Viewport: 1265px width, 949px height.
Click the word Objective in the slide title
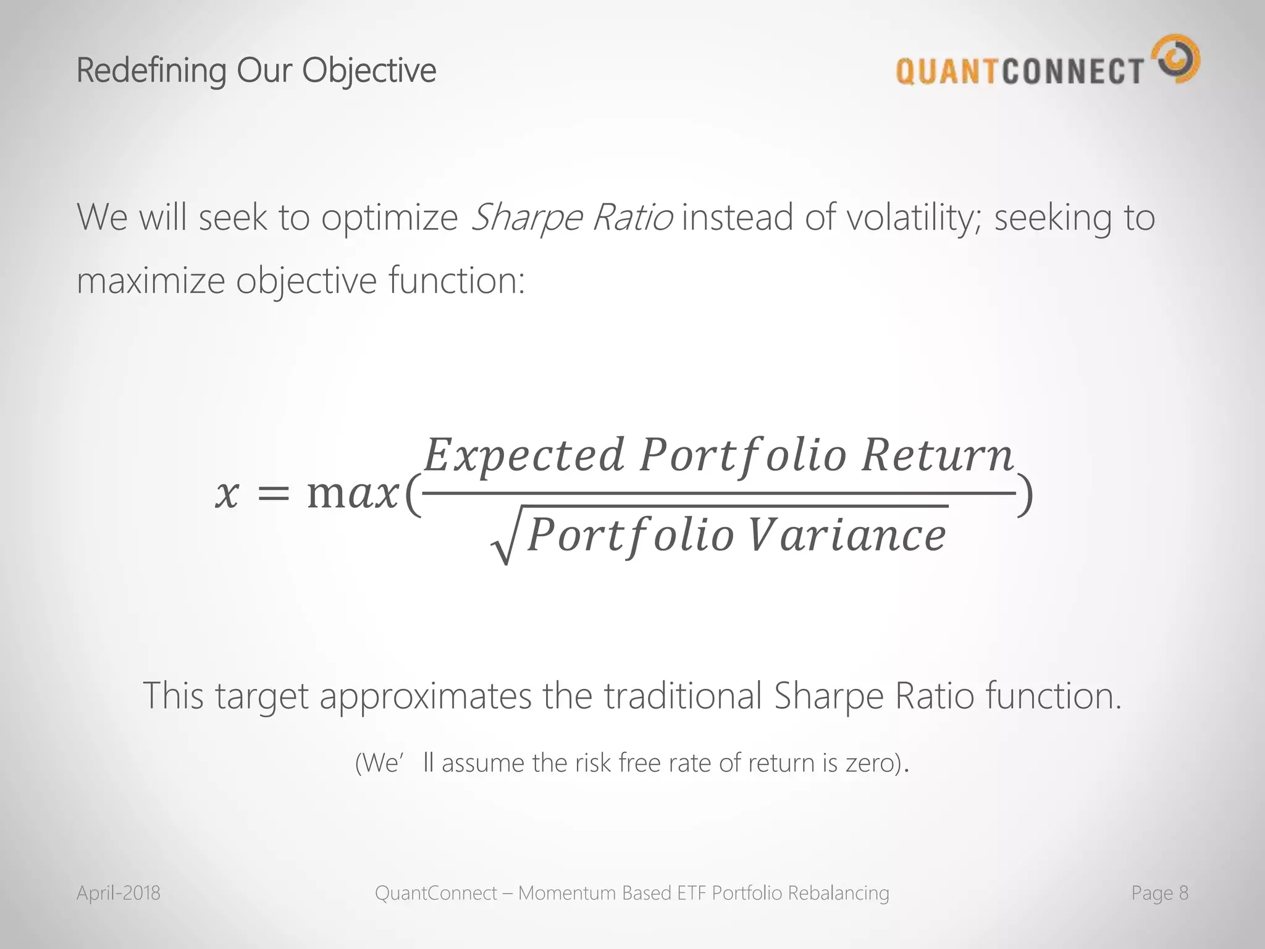(369, 70)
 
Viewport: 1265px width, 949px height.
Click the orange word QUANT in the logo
(949, 71)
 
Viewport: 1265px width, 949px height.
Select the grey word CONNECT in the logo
(1073, 71)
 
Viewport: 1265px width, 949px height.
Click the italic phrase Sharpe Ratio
(571, 217)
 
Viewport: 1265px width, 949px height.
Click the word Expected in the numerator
(524, 456)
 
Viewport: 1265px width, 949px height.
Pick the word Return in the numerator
(937, 456)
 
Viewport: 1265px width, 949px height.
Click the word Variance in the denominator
(847, 535)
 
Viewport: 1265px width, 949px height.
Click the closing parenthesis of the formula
(1025, 494)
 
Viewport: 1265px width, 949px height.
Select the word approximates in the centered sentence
(425, 696)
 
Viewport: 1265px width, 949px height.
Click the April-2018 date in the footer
(119, 893)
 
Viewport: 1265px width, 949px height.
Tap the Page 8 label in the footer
(1159, 893)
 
